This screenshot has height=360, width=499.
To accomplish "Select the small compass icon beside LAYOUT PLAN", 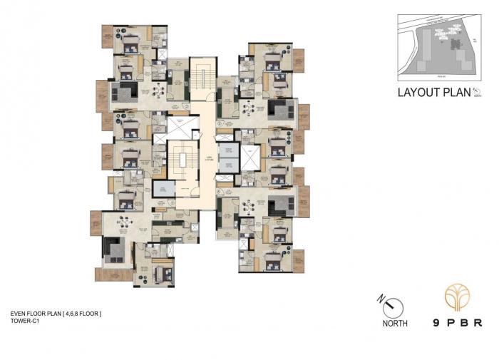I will [477, 93].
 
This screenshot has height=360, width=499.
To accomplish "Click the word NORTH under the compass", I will [394, 324].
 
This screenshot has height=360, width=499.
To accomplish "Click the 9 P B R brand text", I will [452, 322].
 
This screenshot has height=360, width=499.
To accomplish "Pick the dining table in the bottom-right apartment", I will [249, 205].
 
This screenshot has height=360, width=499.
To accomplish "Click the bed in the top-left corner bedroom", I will [130, 43].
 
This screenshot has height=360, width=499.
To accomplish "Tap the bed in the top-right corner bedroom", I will [272, 58].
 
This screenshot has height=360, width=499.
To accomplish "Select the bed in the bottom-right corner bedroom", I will [272, 262].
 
